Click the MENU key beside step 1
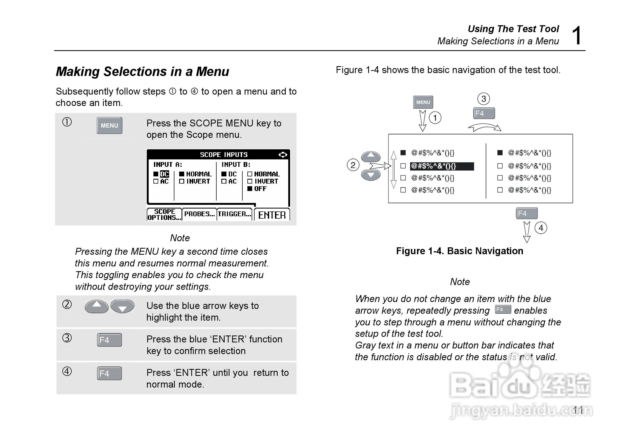(x=109, y=125)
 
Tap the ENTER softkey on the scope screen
(x=272, y=215)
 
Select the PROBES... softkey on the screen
(x=199, y=214)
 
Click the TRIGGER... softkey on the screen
(x=235, y=214)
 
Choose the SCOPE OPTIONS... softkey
(x=164, y=214)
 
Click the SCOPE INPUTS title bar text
(x=223, y=155)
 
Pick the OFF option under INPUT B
(x=260, y=189)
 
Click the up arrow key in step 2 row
(x=96, y=306)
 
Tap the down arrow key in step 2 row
(x=122, y=306)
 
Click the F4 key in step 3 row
(x=109, y=340)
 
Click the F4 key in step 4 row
(x=109, y=373)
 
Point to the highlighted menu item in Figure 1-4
(x=442, y=166)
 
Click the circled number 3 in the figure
(x=483, y=99)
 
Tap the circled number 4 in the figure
(x=541, y=228)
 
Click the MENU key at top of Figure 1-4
(x=423, y=102)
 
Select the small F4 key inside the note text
(x=503, y=309)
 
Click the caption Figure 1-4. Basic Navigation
(x=459, y=251)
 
